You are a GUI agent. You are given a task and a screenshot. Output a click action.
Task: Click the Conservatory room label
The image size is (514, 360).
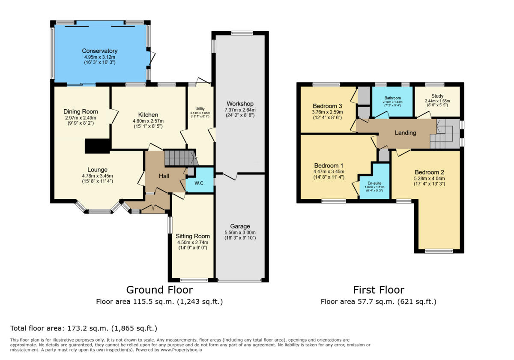100,51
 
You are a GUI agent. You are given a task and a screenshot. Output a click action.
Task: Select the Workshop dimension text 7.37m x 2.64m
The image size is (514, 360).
240,110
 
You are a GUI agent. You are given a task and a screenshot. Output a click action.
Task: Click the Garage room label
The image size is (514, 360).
240,226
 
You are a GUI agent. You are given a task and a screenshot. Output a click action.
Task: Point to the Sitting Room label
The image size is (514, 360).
193,236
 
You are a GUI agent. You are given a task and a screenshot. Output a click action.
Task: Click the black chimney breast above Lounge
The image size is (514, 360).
98,146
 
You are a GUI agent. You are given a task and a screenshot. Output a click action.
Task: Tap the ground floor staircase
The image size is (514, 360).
180,158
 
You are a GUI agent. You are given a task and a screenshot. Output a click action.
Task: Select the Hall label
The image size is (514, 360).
164,176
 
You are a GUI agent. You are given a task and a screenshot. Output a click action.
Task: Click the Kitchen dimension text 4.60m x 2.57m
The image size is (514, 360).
148,121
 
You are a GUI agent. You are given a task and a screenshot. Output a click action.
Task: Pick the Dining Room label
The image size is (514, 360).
81,112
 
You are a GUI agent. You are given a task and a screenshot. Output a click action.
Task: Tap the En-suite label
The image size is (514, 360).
374,183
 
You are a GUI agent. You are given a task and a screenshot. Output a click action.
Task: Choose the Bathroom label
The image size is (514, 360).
392,98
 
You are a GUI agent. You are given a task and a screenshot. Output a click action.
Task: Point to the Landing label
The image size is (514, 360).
405,133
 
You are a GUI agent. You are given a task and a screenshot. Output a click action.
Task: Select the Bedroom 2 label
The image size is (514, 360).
427,173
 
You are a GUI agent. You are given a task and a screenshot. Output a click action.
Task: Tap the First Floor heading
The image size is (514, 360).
378,290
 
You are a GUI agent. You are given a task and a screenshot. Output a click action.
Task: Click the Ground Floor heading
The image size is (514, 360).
159,290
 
